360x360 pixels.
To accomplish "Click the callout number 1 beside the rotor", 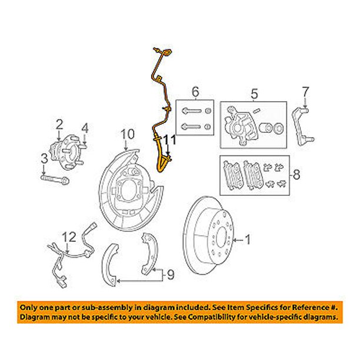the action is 248,239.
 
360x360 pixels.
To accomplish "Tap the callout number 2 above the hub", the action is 59,125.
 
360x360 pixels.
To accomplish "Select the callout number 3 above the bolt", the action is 44,159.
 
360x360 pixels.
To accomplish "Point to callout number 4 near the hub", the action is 85,129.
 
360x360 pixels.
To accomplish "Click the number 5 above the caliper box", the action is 254,94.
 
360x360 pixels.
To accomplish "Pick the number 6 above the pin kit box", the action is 195,92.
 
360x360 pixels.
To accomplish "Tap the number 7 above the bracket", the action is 305,92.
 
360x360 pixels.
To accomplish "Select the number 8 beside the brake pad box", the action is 296,175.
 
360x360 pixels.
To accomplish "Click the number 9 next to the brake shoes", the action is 171,275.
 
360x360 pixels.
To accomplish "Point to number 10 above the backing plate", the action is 128,134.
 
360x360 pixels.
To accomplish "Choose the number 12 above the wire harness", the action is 69,237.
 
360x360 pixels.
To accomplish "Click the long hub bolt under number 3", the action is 55,179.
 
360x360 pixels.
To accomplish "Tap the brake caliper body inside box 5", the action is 241,125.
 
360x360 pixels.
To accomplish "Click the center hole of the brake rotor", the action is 222,238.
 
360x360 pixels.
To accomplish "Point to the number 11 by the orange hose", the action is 170,140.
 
